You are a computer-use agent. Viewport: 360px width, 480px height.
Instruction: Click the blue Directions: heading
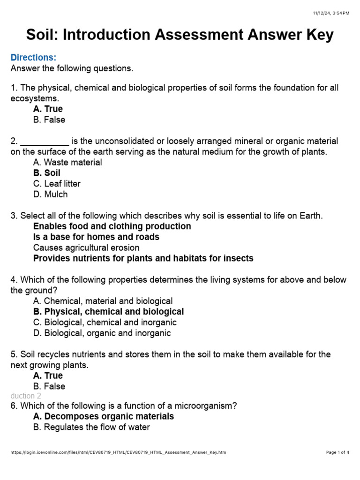pyautogui.click(x=33, y=58)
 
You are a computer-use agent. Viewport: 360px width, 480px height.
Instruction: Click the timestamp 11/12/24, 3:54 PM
pyautogui.click(x=331, y=13)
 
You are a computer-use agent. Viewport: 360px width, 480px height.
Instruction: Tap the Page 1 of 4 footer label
pyautogui.click(x=337, y=452)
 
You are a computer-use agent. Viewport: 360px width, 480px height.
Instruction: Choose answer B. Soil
pyautogui.click(x=47, y=173)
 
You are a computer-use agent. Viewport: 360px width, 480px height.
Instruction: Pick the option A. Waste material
pyautogui.click(x=67, y=162)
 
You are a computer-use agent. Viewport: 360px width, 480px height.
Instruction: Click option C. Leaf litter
pyautogui.click(x=57, y=184)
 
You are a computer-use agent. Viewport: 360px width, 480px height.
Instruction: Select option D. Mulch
pyautogui.click(x=50, y=194)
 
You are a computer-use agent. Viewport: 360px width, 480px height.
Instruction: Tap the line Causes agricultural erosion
pyautogui.click(x=86, y=247)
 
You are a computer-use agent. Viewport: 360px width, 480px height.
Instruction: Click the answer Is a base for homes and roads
pyautogui.click(x=96, y=237)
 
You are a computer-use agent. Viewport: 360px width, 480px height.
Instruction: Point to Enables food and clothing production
pyautogui.click(x=112, y=226)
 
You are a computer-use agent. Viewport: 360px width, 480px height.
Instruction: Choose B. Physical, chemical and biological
pyautogui.click(x=108, y=312)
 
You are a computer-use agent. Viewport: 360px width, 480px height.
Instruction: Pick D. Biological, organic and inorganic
pyautogui.click(x=102, y=333)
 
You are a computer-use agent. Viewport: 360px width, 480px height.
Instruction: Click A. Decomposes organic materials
pyautogui.click(x=104, y=416)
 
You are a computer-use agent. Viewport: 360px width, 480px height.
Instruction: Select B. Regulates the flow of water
pyautogui.click(x=91, y=427)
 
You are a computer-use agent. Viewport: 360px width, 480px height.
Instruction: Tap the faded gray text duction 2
pyautogui.click(x=26, y=396)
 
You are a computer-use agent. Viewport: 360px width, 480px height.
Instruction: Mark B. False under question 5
pyautogui.click(x=49, y=386)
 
